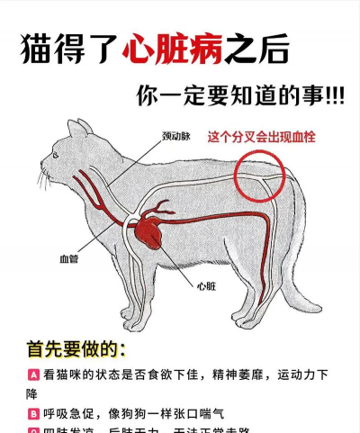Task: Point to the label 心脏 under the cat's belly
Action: click(x=206, y=286)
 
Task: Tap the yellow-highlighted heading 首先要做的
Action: click(x=76, y=348)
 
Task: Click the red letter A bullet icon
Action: click(x=33, y=374)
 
